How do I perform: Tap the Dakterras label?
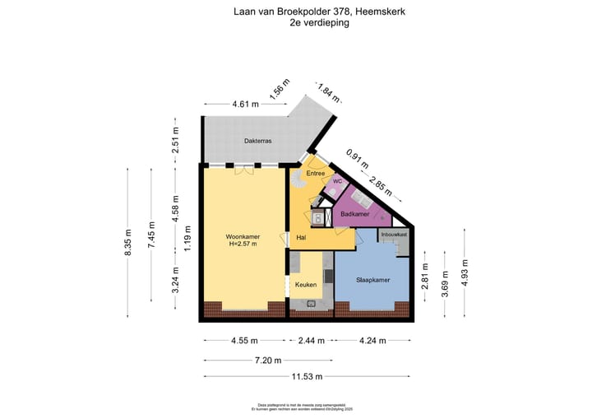[257, 141]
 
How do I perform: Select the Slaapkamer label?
[372, 280]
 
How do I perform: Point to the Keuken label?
[306, 285]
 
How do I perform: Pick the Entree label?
[316, 174]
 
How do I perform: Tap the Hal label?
[303, 237]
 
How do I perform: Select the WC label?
[337, 182]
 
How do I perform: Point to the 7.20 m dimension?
[268, 360]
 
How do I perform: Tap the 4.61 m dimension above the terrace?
[245, 105]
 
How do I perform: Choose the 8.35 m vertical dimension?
[129, 242]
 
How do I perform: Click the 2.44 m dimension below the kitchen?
[311, 340]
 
